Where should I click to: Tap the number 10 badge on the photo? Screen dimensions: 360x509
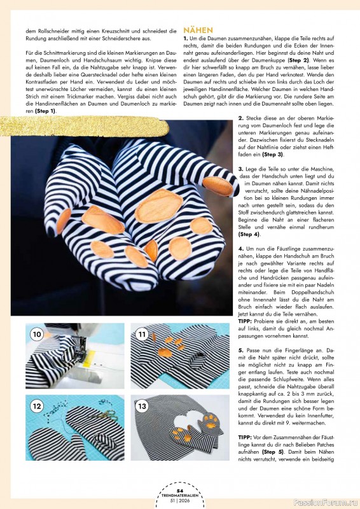37,334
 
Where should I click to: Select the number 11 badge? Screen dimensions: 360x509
142,334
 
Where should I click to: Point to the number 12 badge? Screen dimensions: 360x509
37,406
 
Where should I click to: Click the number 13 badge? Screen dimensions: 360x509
142,406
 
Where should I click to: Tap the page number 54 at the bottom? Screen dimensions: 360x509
179,491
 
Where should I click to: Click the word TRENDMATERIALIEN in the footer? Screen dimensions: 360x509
179,495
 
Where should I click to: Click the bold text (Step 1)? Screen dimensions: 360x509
45,111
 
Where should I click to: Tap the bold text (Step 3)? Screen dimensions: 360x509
255,155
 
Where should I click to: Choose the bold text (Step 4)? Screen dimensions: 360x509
249,234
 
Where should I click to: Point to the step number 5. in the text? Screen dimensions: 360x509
241,351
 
